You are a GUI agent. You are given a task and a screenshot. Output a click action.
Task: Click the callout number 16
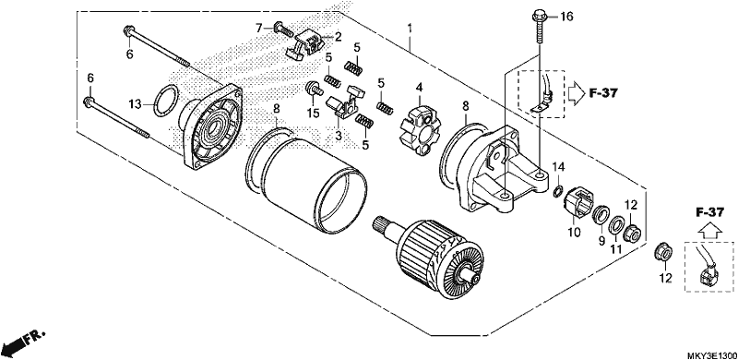(x=566, y=18)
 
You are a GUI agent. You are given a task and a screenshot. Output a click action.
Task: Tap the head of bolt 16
(x=540, y=18)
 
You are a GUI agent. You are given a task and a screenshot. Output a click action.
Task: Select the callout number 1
(x=410, y=29)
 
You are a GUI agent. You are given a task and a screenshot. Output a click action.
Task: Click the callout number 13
(x=135, y=104)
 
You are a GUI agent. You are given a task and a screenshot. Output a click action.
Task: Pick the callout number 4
(x=419, y=88)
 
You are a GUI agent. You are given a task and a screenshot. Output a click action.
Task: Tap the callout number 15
(x=314, y=114)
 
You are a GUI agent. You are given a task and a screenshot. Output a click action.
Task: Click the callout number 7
(x=258, y=28)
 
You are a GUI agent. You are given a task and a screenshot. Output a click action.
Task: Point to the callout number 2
(x=339, y=36)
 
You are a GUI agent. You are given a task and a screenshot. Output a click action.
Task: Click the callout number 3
(x=338, y=136)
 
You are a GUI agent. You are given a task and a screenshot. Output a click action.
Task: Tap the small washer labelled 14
(x=557, y=191)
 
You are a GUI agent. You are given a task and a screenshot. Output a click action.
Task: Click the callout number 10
(x=574, y=233)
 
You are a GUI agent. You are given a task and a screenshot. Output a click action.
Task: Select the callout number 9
(x=601, y=241)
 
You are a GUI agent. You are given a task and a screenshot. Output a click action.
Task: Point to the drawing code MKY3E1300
(x=711, y=354)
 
